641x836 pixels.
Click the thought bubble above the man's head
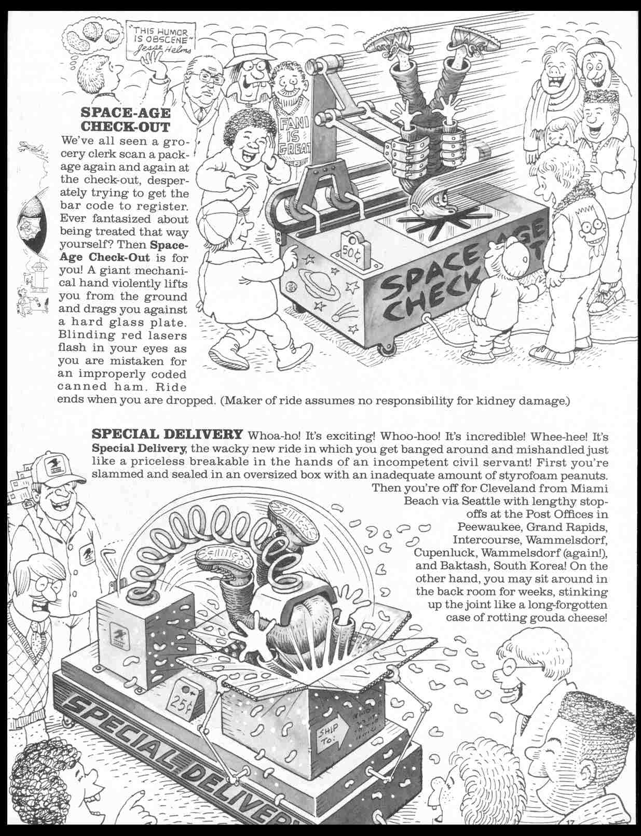[x=90, y=35]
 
